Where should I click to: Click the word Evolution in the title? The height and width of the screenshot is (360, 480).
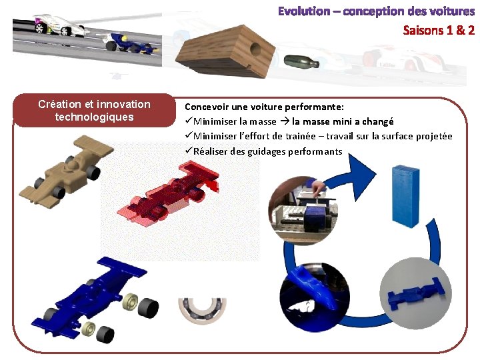click(x=304, y=11)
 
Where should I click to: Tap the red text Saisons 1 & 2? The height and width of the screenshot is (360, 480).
click(x=439, y=30)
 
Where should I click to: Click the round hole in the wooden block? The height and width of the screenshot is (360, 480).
click(x=255, y=49)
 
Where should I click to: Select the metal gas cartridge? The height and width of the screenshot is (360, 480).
click(x=301, y=62)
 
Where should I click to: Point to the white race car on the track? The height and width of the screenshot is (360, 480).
click(x=58, y=25)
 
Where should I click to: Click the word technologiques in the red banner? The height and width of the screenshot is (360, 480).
click(x=94, y=117)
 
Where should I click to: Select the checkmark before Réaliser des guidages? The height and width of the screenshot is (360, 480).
click(x=189, y=150)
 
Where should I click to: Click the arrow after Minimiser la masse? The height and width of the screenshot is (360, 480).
click(x=285, y=121)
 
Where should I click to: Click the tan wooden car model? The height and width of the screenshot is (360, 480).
click(x=67, y=171)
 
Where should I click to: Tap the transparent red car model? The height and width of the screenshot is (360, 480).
click(x=168, y=193)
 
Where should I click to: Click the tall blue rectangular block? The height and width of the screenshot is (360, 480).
click(x=405, y=196)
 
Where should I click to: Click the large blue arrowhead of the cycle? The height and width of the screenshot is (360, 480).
click(x=361, y=176)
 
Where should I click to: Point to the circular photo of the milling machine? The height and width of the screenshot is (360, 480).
click(x=304, y=211)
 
